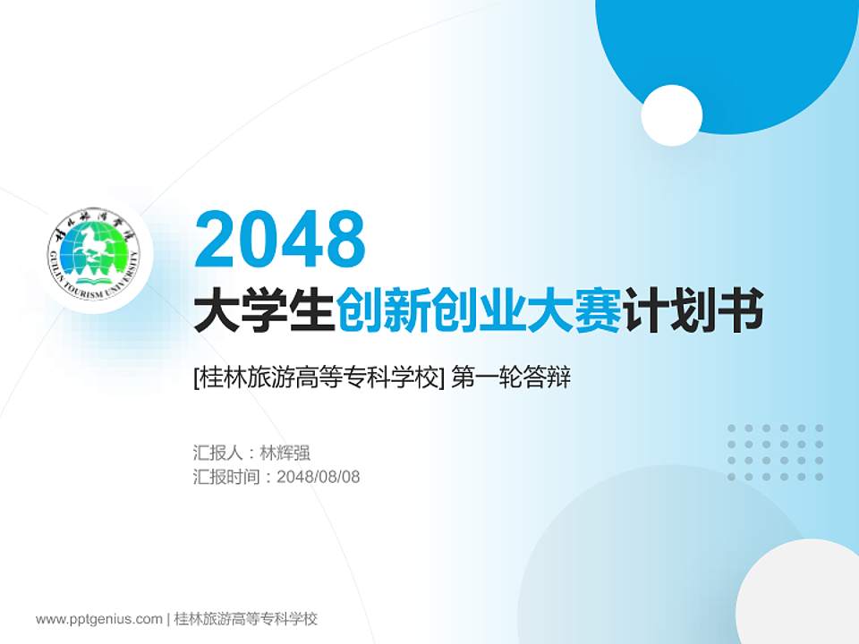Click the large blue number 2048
[280, 239]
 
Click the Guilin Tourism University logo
[94, 256]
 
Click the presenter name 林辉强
[284, 453]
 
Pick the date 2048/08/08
[319, 477]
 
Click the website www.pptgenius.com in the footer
[99, 619]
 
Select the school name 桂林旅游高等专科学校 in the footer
[246, 619]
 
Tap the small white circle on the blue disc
[671, 115]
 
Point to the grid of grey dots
[775, 453]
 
